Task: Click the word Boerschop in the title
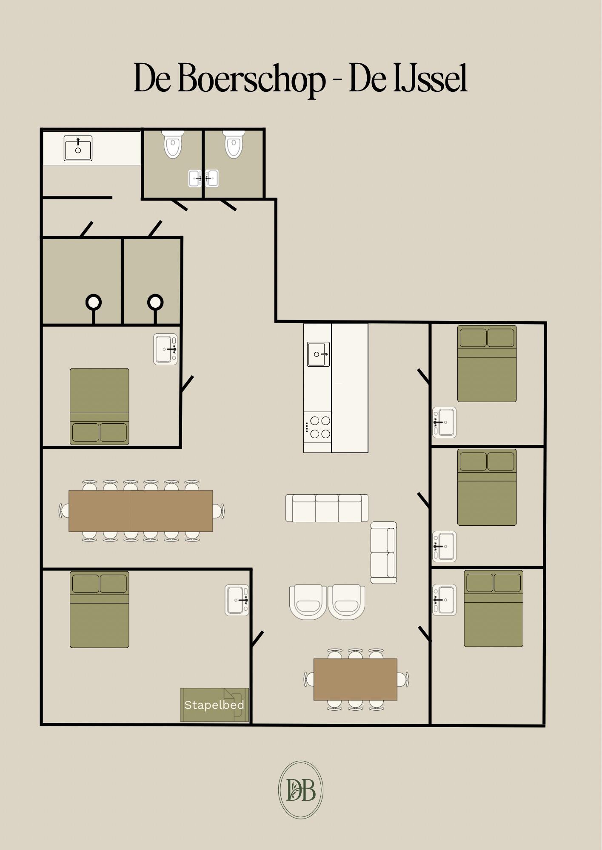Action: [251, 79]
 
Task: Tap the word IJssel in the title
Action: [431, 79]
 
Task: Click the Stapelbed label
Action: [214, 705]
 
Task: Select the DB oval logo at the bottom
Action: [301, 790]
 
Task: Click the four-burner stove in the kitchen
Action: [317, 427]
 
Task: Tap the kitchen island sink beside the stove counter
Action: [318, 354]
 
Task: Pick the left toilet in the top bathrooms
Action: [173, 144]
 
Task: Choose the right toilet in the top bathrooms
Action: [234, 144]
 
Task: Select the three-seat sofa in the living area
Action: [327, 508]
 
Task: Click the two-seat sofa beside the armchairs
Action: [384, 552]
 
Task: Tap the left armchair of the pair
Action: [308, 602]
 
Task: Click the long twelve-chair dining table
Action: [141, 511]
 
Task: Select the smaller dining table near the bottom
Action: [355, 679]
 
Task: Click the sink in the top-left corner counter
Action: [78, 148]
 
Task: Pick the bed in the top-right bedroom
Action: [487, 363]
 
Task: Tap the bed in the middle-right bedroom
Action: [487, 487]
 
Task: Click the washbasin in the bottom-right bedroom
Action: [444, 600]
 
